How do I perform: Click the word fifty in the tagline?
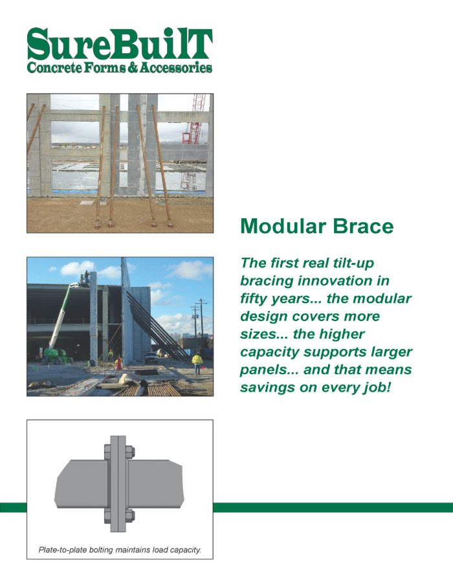[253, 299]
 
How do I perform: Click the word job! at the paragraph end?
[377, 387]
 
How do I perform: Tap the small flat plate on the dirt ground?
[87, 203]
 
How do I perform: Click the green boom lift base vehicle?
[56, 357]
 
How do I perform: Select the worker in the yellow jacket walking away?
[197, 363]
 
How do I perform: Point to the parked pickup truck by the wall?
[151, 357]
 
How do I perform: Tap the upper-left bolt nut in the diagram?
[108, 451]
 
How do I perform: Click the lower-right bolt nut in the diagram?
[129, 515]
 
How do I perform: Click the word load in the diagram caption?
[161, 550]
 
